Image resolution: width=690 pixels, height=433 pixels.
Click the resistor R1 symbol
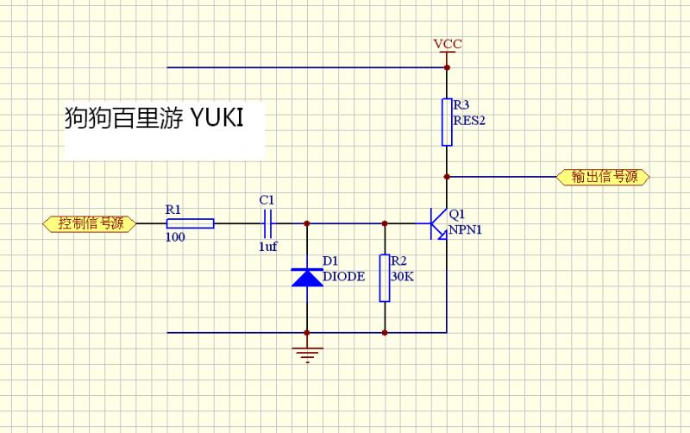189,223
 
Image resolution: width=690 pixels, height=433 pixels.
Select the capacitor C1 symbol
268,223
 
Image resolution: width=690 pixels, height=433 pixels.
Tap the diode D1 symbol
307,277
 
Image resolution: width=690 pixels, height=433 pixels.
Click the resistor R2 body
385,278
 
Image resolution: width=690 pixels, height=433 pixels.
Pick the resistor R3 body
447,122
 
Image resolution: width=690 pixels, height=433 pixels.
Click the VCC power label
447,43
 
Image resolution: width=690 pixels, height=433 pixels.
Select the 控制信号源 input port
89,223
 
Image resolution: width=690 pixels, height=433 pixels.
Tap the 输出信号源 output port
604,177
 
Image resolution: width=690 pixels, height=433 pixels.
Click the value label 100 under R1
174,237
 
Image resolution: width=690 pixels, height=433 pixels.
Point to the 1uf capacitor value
267,247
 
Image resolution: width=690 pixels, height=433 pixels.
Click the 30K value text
401,277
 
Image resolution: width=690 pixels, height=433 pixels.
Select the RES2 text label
469,121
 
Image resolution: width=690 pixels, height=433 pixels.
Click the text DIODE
343,277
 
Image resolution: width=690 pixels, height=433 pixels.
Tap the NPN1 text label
467,230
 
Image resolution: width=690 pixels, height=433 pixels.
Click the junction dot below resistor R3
447,177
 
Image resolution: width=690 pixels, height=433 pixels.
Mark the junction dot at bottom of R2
385,332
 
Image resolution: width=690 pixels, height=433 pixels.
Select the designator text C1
267,200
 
